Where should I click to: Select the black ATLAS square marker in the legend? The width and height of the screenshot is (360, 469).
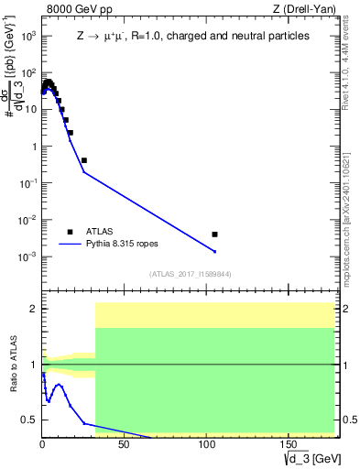(x=70, y=232)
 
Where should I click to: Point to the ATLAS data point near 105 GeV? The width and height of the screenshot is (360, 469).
(x=214, y=234)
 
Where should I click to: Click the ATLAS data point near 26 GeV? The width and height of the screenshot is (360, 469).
(x=83, y=160)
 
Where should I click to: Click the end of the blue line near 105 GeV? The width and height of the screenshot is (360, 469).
(x=214, y=252)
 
